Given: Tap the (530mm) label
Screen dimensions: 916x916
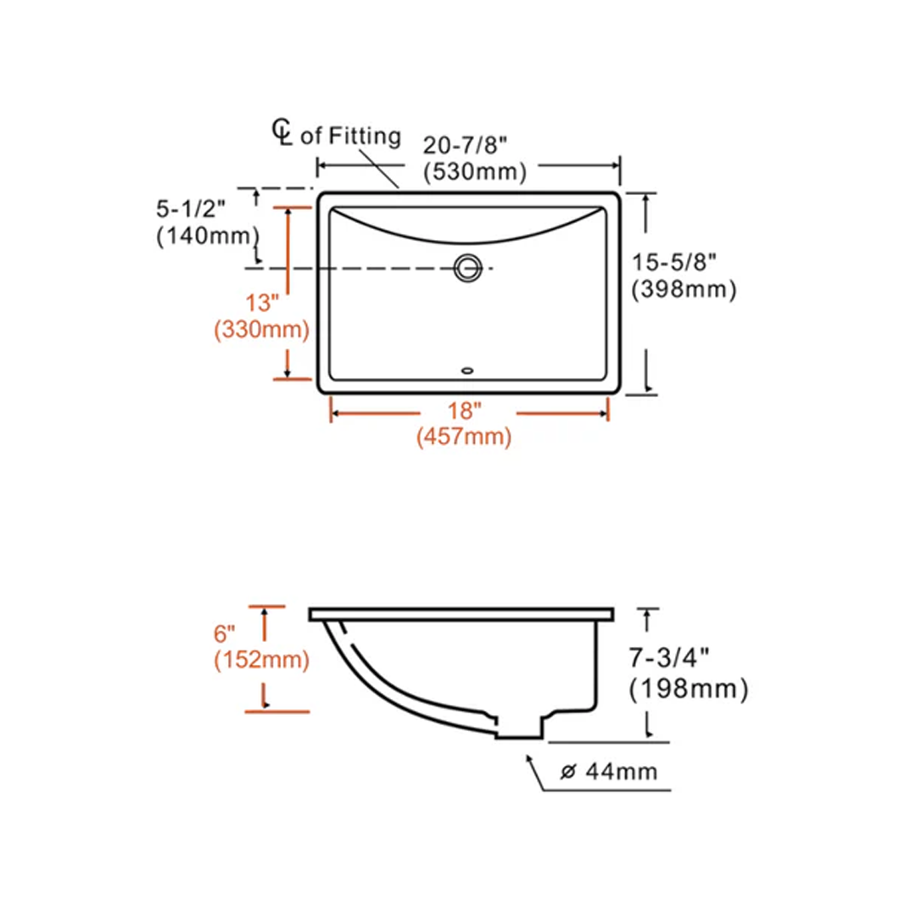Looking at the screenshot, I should pyautogui.click(x=475, y=172).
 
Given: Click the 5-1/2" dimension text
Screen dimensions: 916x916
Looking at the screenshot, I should pyautogui.click(x=192, y=208).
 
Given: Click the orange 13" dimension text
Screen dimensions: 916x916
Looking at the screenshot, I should pyautogui.click(x=262, y=301).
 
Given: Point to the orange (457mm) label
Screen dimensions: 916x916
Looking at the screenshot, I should pyautogui.click(x=464, y=438).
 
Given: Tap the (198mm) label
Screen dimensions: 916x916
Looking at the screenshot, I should pyautogui.click(x=690, y=690).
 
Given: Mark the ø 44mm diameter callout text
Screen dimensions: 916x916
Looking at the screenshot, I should pyautogui.click(x=610, y=772).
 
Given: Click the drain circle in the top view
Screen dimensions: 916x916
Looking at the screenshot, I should pyautogui.click(x=466, y=267).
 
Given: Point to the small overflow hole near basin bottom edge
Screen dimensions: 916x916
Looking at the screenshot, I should pyautogui.click(x=466, y=370).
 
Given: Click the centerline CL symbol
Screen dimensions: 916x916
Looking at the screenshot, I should pyautogui.click(x=282, y=131).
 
